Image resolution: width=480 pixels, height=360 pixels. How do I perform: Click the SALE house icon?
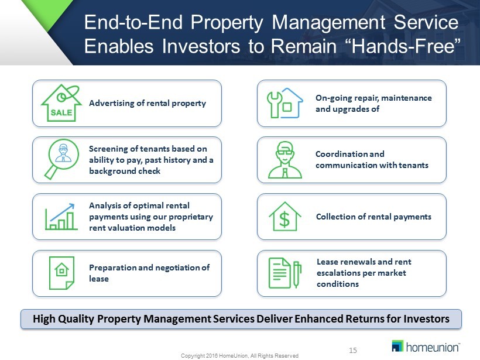tap(61, 103)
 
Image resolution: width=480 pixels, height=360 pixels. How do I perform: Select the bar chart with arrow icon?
tap(61, 217)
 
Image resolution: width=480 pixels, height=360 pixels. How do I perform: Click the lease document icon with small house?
tap(61, 273)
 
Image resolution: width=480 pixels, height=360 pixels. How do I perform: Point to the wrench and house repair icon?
tap(285, 103)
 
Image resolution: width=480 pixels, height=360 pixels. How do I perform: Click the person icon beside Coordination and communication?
tap(285, 159)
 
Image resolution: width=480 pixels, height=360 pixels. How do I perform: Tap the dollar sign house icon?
tap(284, 217)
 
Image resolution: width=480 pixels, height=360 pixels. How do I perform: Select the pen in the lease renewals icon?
tap(297, 274)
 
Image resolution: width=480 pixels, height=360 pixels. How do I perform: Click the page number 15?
tap(352, 350)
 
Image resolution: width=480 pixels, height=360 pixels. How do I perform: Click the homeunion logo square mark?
tap(397, 346)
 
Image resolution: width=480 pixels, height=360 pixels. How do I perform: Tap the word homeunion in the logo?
tap(433, 347)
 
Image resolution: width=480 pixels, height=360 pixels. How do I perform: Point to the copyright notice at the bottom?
tap(239, 356)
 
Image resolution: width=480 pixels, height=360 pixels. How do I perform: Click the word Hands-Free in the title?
tap(406, 46)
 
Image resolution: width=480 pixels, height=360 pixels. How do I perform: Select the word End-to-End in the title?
tap(133, 22)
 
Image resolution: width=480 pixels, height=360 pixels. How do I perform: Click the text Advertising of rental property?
tap(148, 103)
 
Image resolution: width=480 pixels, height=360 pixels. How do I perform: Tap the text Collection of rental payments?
tap(373, 217)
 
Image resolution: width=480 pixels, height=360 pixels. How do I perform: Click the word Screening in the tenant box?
tap(108, 149)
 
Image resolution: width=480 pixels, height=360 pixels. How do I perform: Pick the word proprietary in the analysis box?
tap(191, 217)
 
